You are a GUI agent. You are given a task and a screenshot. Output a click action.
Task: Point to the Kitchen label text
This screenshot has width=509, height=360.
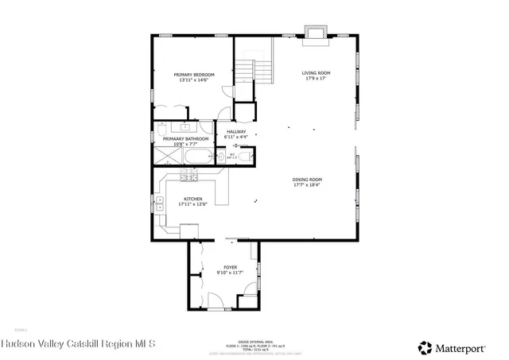coord(193,199)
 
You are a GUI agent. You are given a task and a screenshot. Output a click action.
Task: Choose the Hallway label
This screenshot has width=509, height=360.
coord(236,132)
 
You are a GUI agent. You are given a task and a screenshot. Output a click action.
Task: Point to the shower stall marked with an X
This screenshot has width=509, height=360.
coord(168,157)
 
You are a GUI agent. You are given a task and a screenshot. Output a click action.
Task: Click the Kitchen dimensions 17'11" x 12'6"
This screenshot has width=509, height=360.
coord(193,204)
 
